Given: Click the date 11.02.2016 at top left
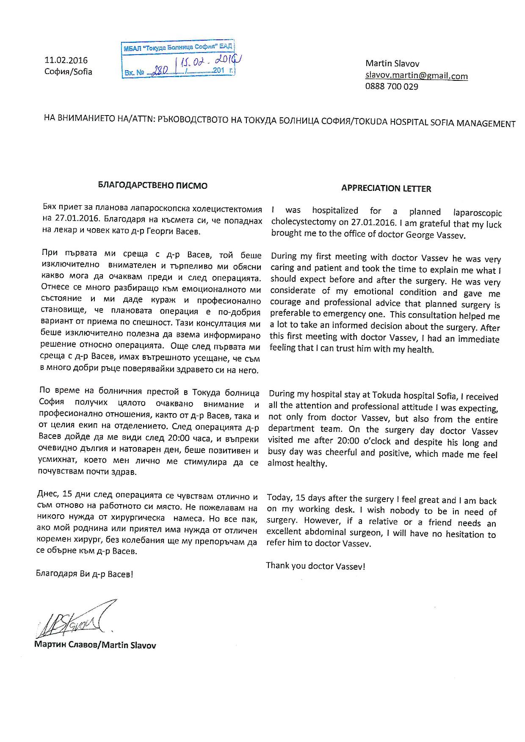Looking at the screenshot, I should click(x=66, y=61).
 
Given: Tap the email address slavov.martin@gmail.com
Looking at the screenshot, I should click(x=417, y=76).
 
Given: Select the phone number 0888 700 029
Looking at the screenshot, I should click(x=392, y=87).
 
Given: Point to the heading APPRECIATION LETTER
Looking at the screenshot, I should click(x=386, y=189).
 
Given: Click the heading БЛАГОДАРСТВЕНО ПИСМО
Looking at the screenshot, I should click(x=153, y=185).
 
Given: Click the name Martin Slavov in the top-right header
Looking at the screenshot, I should click(x=392, y=64).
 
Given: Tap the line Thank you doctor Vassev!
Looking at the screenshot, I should click(x=315, y=566).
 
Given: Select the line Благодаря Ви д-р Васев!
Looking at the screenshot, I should click(x=85, y=574).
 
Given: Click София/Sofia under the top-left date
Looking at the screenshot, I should click(x=68, y=72).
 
